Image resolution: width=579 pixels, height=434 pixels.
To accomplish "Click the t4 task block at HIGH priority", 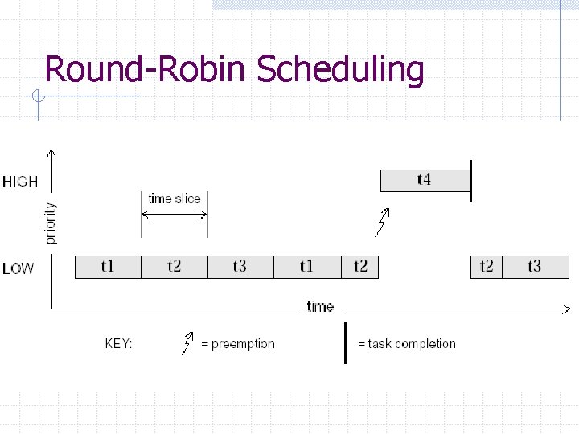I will (424, 181).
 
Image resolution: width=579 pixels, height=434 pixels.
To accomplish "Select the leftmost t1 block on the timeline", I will (108, 267).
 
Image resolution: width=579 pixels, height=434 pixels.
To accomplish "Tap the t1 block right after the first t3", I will (307, 267).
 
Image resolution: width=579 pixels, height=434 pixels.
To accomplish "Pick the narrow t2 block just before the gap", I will (359, 267).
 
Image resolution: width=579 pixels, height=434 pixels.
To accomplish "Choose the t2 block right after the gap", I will (487, 267).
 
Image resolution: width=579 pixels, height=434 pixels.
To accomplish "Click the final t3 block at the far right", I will (534, 267).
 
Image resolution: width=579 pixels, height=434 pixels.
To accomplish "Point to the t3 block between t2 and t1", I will (240, 267).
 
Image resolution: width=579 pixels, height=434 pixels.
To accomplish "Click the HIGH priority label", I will (20, 182).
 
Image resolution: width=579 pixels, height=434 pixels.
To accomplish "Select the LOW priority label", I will (18, 268).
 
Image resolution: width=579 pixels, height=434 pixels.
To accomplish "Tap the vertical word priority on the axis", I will (51, 223).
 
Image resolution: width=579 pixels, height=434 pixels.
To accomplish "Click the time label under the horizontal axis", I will (320, 306).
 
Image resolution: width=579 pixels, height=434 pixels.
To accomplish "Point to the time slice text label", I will (175, 199).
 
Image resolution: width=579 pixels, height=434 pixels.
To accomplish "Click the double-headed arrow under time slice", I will (175, 214).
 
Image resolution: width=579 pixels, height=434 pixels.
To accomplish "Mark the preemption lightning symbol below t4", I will (383, 222).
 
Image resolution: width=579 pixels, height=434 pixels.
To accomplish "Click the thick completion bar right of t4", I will (470, 181).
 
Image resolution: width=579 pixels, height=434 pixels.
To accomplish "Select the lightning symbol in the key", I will (188, 343).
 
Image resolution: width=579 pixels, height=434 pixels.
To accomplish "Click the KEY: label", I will (119, 343).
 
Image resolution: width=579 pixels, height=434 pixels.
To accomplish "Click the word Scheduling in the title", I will (340, 70).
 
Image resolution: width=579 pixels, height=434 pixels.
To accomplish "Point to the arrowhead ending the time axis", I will (568, 309).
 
